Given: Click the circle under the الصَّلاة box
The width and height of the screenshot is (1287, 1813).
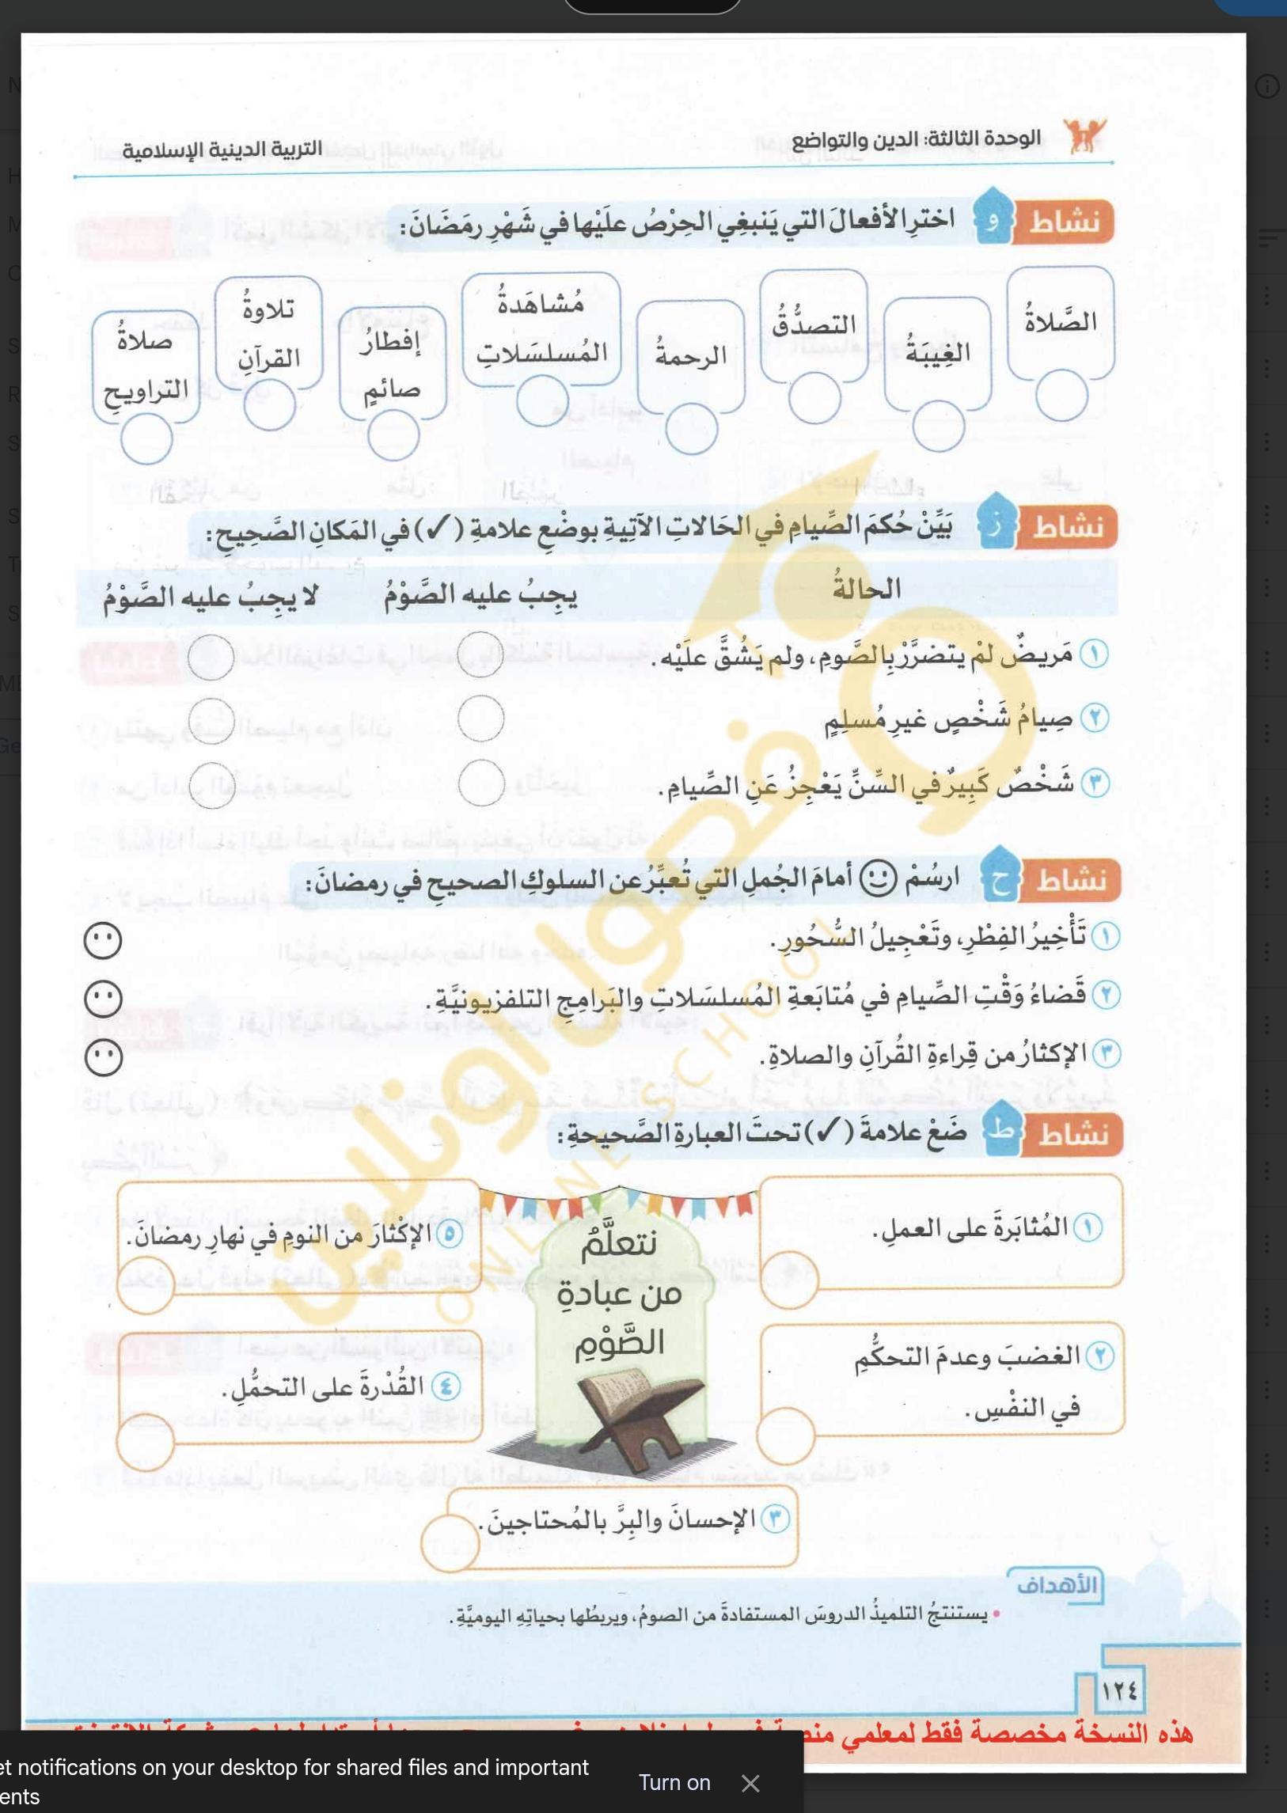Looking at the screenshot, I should point(1061,396).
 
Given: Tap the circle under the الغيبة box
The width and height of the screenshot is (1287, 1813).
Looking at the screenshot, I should point(938,426).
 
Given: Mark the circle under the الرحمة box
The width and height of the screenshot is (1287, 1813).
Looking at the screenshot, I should point(691,429).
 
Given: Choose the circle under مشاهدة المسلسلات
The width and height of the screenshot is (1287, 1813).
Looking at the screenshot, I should point(542,400).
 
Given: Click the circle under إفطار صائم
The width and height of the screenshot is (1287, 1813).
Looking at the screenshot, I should point(393,435).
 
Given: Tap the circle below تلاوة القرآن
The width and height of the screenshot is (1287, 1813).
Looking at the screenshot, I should point(269,404).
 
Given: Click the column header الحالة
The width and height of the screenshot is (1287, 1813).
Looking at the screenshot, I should point(866,589).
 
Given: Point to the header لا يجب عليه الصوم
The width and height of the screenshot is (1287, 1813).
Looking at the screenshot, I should point(210,596).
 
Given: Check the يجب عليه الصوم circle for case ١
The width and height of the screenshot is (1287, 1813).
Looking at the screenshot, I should point(480,654).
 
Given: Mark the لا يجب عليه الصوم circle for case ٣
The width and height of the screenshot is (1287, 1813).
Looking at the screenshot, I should point(211,784).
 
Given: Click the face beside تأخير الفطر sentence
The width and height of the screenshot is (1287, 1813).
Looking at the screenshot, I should point(103,941).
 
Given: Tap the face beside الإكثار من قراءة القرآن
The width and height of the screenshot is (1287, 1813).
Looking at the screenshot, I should point(104,1058).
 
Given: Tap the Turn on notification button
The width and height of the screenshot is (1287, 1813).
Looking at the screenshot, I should point(674,1782).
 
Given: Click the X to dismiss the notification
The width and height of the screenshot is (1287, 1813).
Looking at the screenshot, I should point(750,1783).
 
